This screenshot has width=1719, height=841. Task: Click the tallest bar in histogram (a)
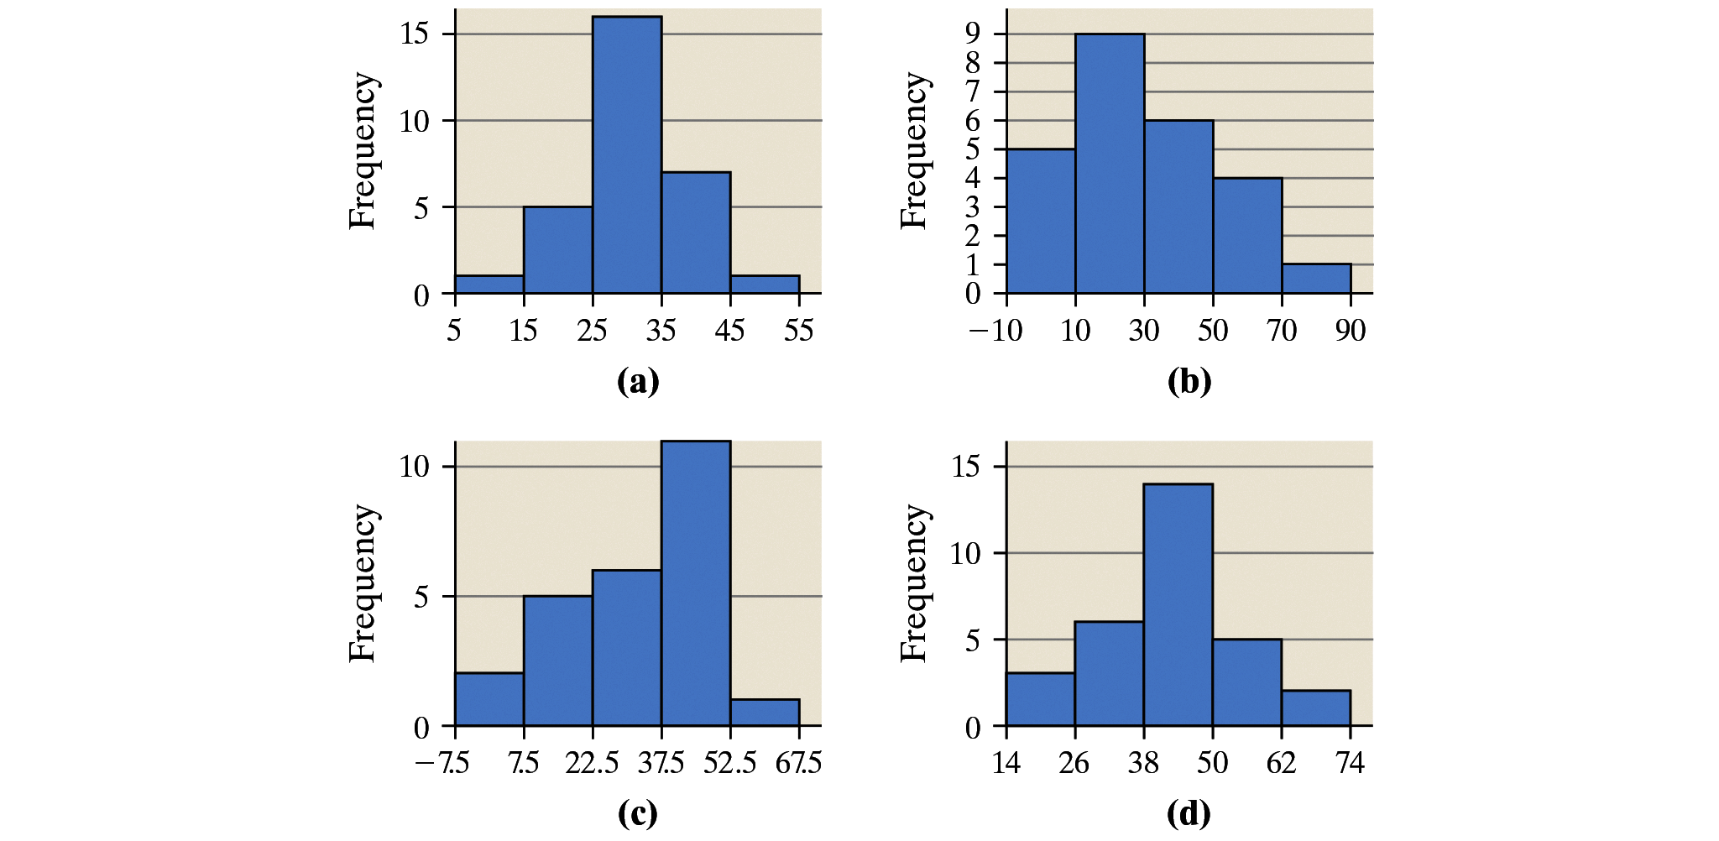pyautogui.click(x=627, y=155)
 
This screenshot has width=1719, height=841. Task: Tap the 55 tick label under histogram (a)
pyautogui.click(x=799, y=331)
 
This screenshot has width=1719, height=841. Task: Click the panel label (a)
pyautogui.click(x=638, y=382)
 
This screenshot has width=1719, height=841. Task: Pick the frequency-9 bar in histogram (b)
pyautogui.click(x=1110, y=164)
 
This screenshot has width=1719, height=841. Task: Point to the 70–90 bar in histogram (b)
pyautogui.click(x=1316, y=279)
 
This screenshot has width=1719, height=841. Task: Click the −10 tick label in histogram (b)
pyautogui.click(x=996, y=331)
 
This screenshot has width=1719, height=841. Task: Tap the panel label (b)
pyautogui.click(x=1189, y=382)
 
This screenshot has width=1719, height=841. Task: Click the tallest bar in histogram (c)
pyautogui.click(x=696, y=583)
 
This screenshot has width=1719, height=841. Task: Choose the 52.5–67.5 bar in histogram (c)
pyautogui.click(x=765, y=713)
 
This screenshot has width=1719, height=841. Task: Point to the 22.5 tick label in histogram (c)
pyautogui.click(x=593, y=763)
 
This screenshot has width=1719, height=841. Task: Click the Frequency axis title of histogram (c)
pyautogui.click(x=363, y=583)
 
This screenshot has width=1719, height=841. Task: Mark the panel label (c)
pyautogui.click(x=638, y=813)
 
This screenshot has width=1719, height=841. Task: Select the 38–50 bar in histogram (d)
pyautogui.click(x=1178, y=604)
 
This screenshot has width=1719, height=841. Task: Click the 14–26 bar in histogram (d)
pyautogui.click(x=1041, y=699)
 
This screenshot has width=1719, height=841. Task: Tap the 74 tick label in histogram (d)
pyautogui.click(x=1350, y=763)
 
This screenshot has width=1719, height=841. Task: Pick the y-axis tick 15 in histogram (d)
pyautogui.click(x=966, y=466)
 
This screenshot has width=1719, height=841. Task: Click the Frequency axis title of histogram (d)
pyautogui.click(x=914, y=583)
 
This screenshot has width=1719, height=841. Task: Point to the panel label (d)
pyautogui.click(x=1189, y=813)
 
